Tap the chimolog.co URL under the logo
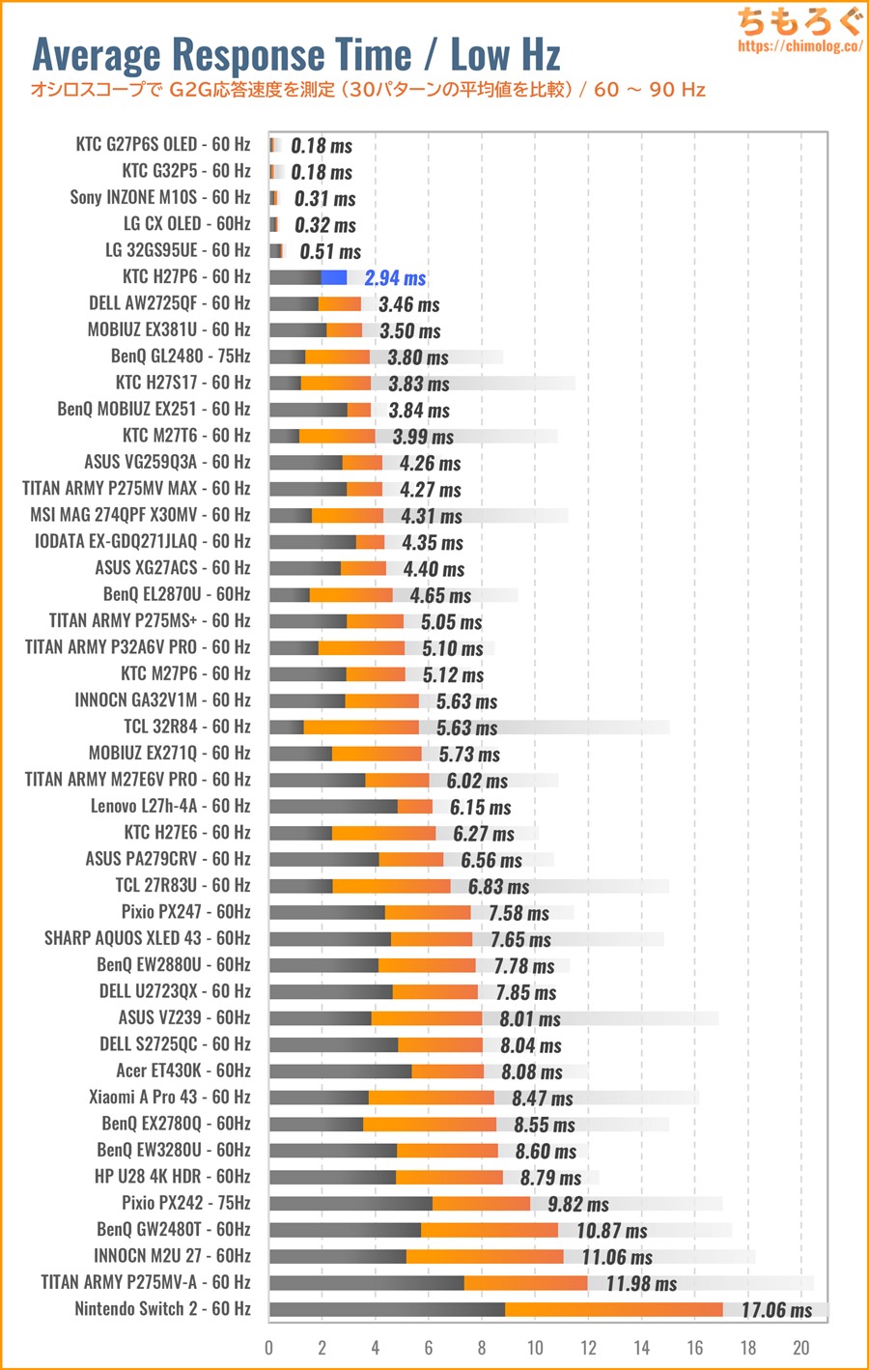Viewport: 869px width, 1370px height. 799,45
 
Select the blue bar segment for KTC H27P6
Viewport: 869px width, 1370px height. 334,277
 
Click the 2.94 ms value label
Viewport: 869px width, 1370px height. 395,278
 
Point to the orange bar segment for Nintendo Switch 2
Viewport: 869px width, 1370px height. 613,1309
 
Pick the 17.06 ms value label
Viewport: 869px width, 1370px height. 776,1310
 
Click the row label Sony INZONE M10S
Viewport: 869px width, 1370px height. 160,197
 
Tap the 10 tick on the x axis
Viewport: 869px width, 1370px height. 535,1348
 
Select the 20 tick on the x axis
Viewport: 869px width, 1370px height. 800,1348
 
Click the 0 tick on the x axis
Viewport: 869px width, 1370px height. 269,1348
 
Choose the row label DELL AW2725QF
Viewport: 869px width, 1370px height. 170,303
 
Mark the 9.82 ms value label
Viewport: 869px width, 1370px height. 578,1204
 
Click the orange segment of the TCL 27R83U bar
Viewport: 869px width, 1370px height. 391,886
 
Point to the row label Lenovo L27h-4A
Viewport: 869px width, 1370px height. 171,806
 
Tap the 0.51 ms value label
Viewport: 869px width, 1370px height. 330,252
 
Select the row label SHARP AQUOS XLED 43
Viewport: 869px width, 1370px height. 148,938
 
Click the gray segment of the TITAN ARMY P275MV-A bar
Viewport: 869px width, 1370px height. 367,1283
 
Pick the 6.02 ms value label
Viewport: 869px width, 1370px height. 477,781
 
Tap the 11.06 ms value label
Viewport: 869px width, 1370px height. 617,1257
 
